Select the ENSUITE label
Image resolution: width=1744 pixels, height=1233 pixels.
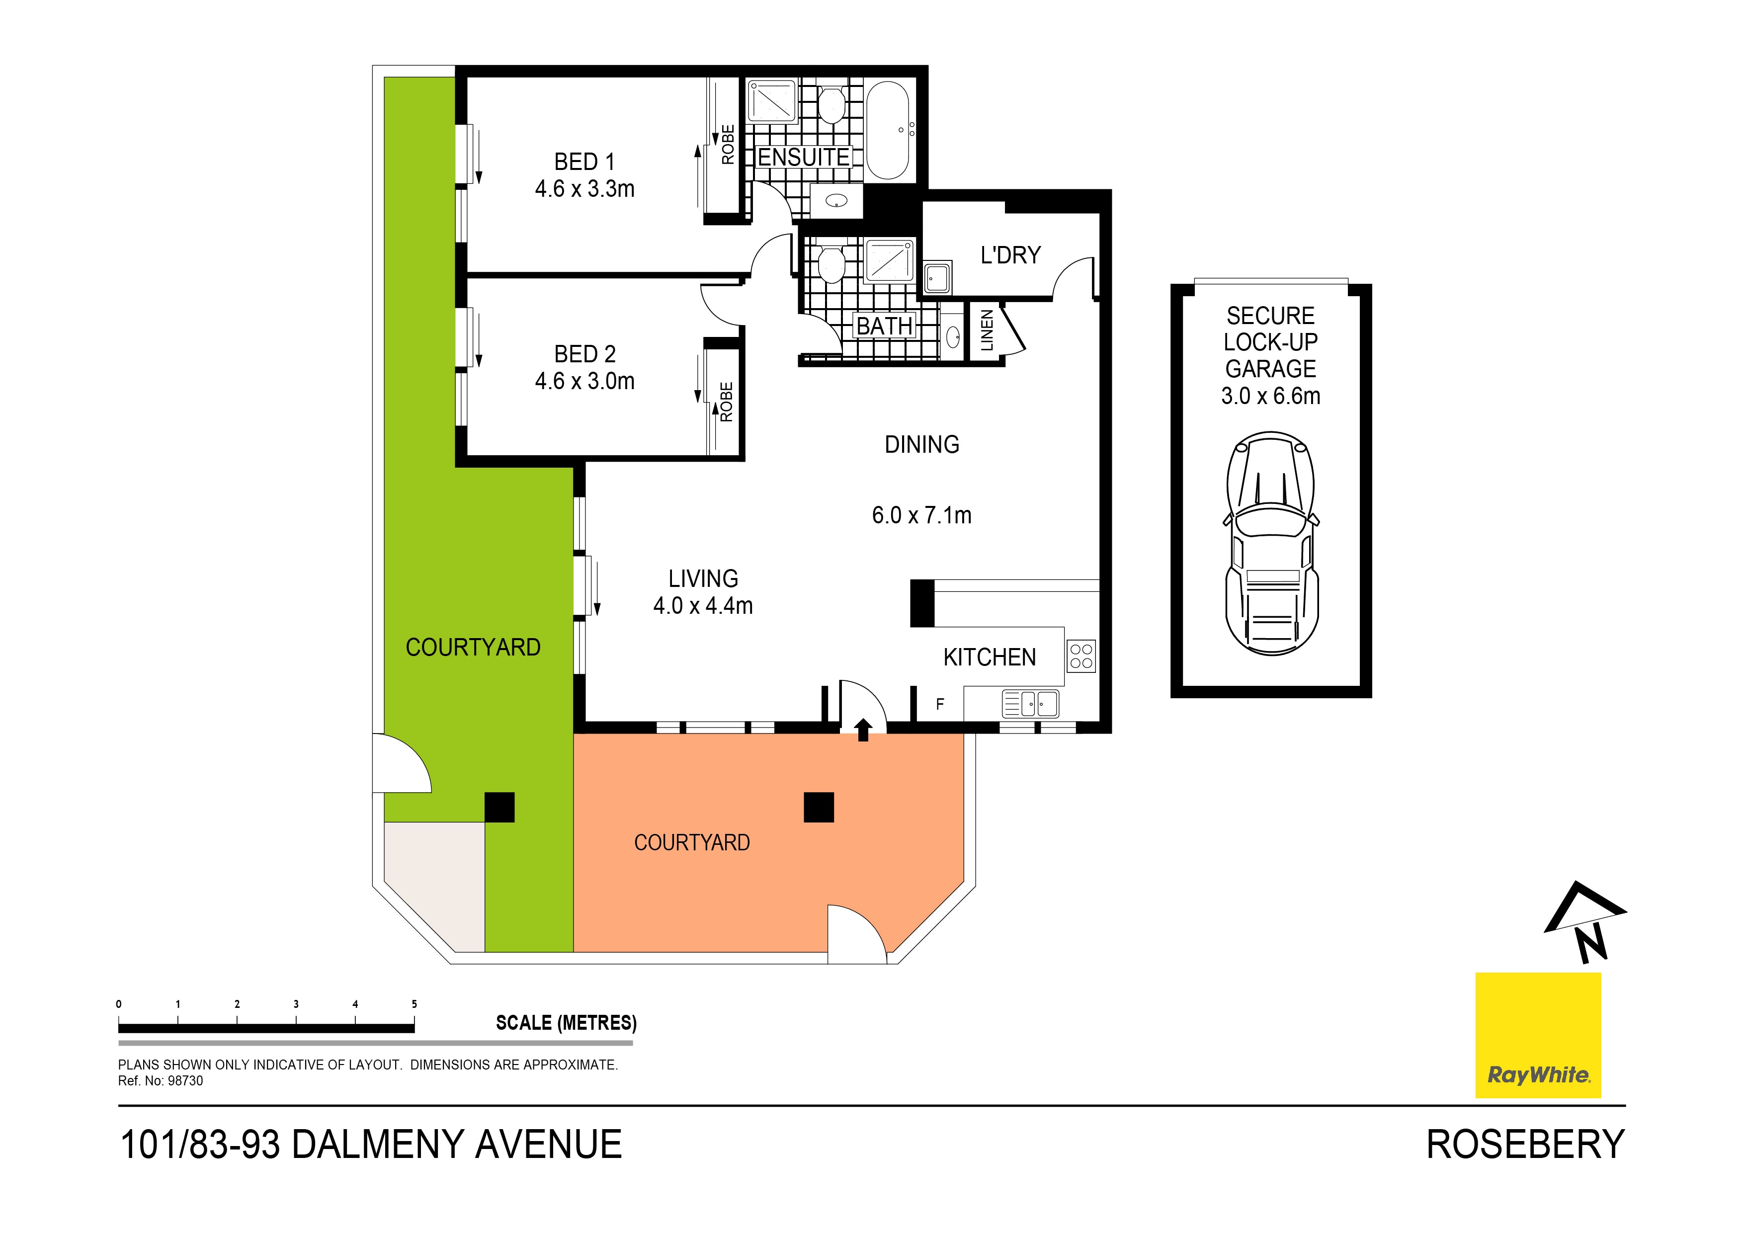[804, 157]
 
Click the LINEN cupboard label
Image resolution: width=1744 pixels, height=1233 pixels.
[987, 329]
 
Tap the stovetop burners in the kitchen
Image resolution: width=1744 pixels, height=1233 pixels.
[1081, 657]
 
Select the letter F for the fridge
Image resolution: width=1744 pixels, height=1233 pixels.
[940, 704]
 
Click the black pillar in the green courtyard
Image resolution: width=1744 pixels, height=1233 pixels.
[499, 807]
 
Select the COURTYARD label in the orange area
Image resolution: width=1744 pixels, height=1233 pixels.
[691, 842]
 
